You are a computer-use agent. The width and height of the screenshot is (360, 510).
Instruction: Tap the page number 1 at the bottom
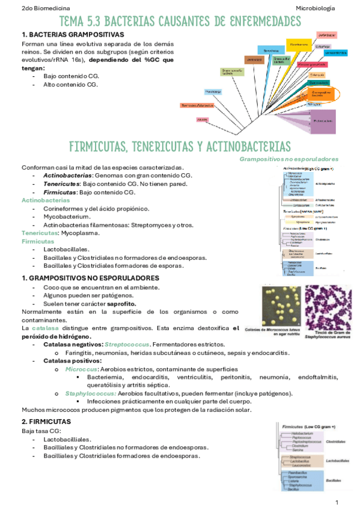click(x=337, y=502)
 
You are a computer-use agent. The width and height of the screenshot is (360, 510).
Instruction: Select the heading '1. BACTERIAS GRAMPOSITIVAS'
click(x=72, y=35)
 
